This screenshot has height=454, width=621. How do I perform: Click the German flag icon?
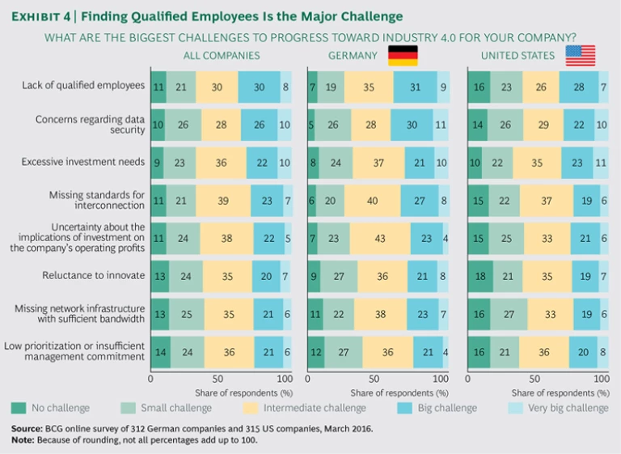tap(403, 55)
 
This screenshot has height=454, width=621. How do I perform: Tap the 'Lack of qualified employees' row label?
tap(83, 85)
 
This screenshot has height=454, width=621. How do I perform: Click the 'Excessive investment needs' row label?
tap(83, 161)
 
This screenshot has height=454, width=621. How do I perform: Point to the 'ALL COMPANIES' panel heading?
tap(221, 55)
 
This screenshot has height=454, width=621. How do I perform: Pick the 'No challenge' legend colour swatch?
tap(18, 407)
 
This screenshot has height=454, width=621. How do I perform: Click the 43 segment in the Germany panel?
tap(379, 238)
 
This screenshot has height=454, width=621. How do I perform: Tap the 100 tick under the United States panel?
tap(600, 378)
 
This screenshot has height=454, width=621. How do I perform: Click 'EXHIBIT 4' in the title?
tap(41, 15)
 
